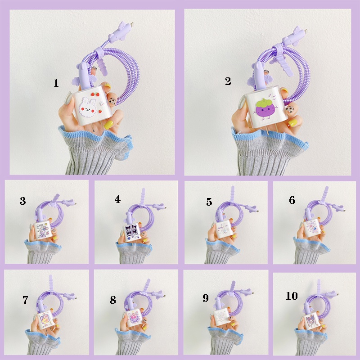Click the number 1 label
56,83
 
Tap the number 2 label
228,81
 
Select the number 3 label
23,201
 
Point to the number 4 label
117,199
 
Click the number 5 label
209,202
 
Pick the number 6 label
292,200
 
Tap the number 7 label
25,300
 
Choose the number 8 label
113,300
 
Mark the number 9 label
206,298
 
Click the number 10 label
292,296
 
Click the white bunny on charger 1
87,107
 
